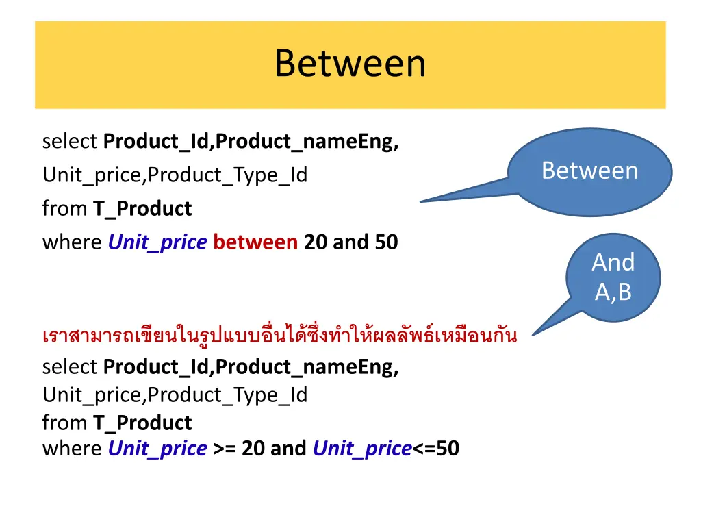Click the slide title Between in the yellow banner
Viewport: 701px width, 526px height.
350,64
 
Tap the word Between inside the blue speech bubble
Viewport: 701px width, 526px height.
589,171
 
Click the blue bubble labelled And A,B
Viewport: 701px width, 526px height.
613,277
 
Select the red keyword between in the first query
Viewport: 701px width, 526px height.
255,242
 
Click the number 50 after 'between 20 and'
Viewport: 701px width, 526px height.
386,242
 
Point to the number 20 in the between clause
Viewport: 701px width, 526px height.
316,242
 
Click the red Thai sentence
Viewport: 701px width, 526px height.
279,336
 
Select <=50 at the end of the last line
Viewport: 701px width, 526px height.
435,449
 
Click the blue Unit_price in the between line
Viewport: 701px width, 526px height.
157,242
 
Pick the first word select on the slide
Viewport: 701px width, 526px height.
70,141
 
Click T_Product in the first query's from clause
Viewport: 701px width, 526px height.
142,208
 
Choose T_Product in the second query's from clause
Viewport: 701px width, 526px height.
142,423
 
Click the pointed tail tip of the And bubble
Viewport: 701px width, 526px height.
534,334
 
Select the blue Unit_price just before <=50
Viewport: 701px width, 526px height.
362,449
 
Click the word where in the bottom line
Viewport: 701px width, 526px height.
72,449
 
